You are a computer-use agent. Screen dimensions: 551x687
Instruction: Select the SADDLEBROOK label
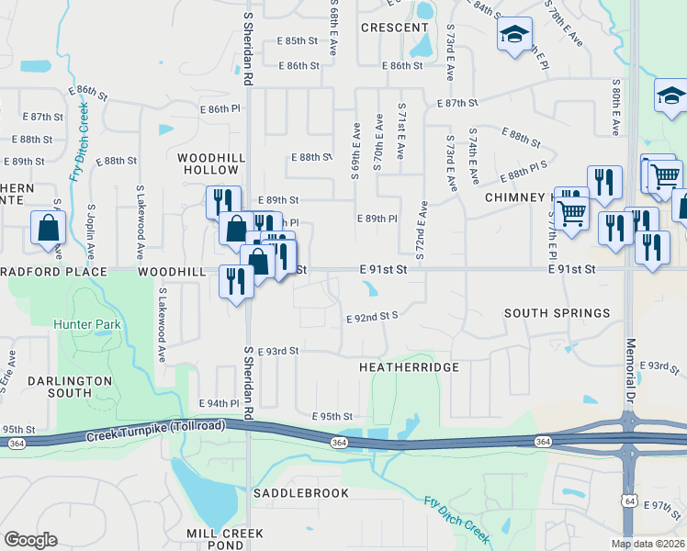[301, 493]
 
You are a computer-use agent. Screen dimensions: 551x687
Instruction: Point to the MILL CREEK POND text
[224, 539]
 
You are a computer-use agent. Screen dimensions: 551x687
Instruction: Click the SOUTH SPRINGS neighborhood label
[557, 313]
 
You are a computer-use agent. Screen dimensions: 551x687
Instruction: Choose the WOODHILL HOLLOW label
[211, 164]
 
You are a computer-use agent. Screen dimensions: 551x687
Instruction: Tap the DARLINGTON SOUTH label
[69, 387]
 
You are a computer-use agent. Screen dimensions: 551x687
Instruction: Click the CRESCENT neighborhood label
[395, 28]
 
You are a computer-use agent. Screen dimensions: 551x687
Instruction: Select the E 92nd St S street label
[371, 316]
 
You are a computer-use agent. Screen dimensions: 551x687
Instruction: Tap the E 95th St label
[332, 416]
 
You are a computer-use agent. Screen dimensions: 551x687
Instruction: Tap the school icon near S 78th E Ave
[514, 35]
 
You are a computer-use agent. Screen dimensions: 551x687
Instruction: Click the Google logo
[30, 540]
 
